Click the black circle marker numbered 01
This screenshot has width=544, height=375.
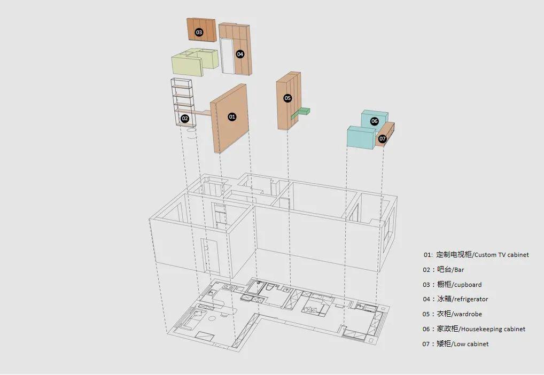point(232,116)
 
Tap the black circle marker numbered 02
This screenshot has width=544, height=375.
point(185,119)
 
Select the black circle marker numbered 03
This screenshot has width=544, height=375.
point(199,33)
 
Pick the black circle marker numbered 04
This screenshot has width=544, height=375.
point(240,54)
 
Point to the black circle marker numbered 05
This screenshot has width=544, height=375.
point(287,98)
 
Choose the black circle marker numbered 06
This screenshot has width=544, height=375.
point(374,121)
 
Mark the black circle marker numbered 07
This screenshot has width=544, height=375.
point(382,139)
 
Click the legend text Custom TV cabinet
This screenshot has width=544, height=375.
point(501,255)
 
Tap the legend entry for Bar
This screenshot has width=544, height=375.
point(458,270)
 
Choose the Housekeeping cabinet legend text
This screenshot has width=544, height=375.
point(492,329)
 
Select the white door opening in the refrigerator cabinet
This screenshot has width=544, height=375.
point(228,56)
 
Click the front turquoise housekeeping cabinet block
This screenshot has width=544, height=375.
point(361,137)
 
